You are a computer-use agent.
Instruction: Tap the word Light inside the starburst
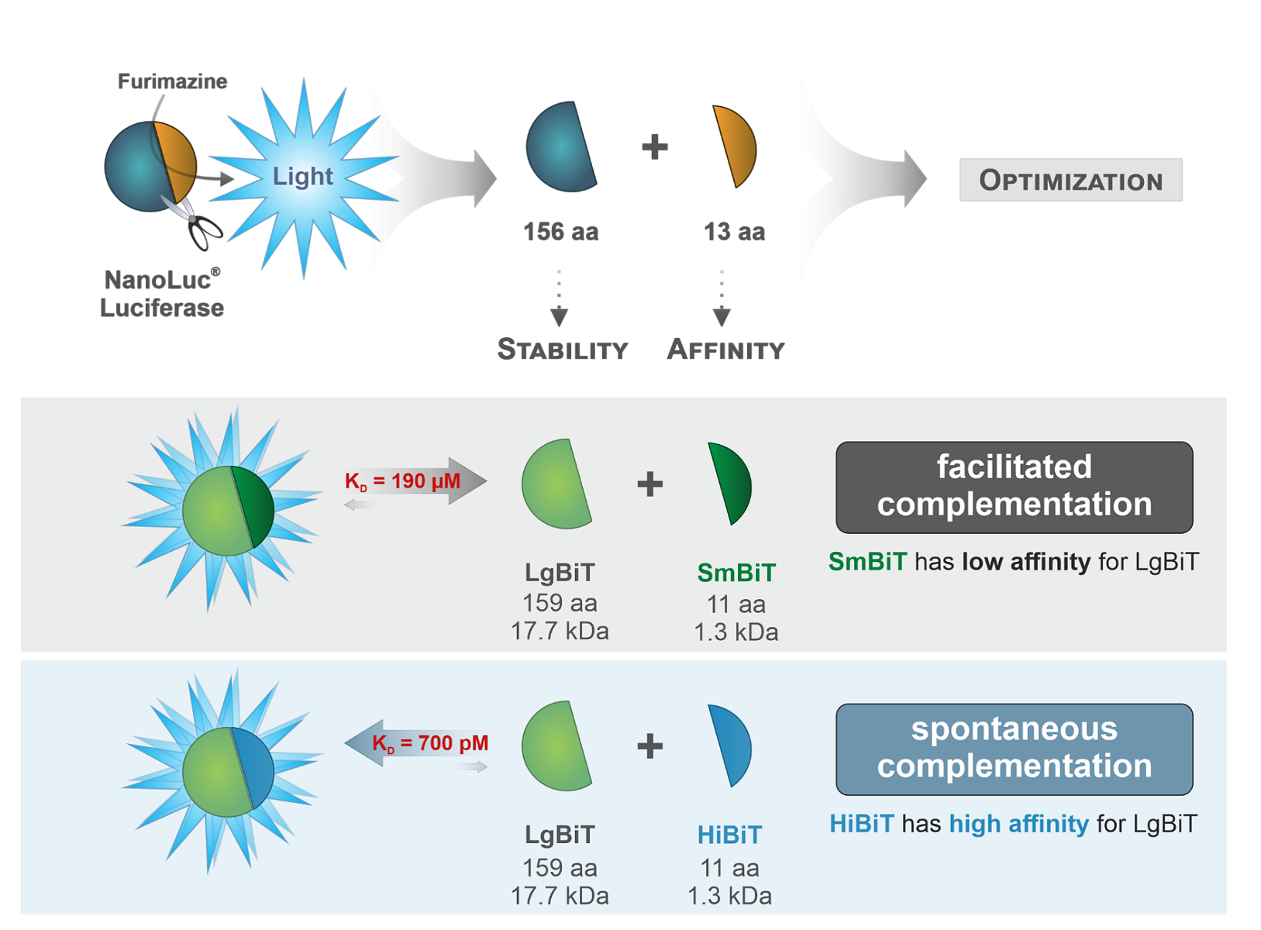click(302, 177)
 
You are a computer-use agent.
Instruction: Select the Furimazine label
click(172, 81)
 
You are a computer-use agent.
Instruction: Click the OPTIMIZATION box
click(1070, 181)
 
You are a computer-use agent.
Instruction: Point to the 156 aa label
click(560, 232)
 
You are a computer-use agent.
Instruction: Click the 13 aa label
click(734, 232)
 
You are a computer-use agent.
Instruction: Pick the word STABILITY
click(562, 350)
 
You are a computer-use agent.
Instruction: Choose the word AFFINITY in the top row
click(726, 350)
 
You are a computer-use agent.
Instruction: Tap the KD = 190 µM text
click(403, 481)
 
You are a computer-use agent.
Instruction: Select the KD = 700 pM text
click(430, 743)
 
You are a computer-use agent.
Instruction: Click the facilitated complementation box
click(1014, 487)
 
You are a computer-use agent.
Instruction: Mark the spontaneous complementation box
click(1014, 749)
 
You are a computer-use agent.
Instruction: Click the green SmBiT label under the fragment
click(736, 573)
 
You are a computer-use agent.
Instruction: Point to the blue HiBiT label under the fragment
click(729, 835)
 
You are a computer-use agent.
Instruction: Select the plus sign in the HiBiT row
click(649, 746)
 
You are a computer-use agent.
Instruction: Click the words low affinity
click(1025, 561)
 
